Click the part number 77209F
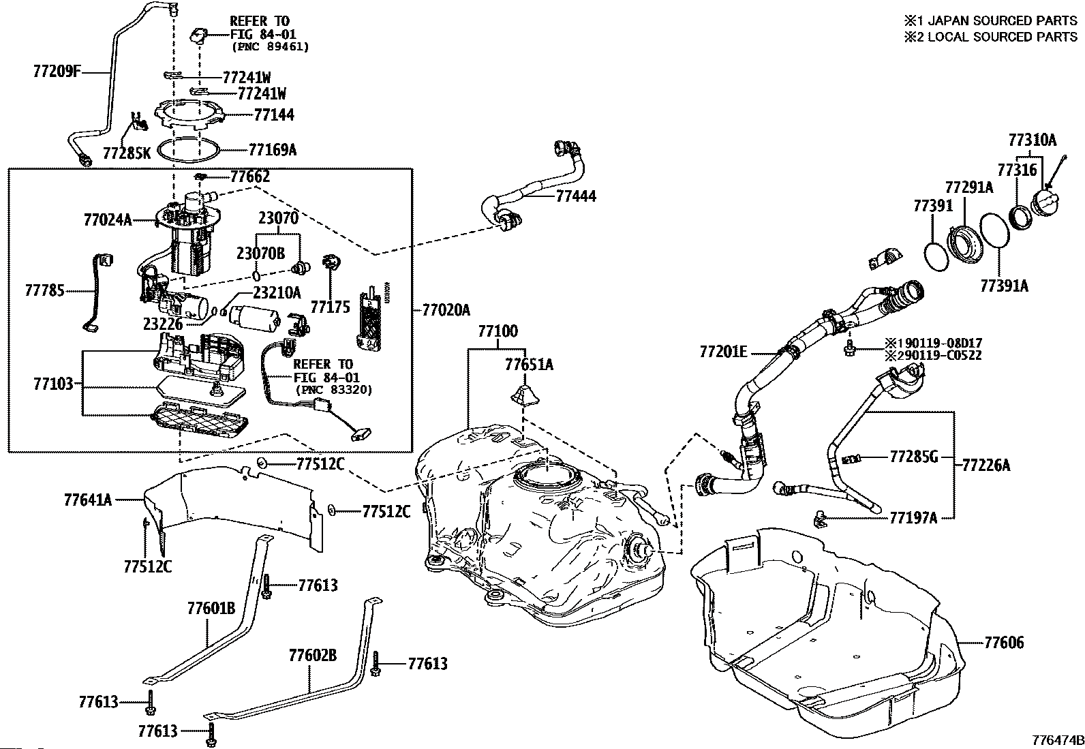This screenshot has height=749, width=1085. pyautogui.click(x=57, y=70)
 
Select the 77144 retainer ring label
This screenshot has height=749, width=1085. pyautogui.click(x=274, y=114)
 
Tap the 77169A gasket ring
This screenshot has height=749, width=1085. pyautogui.click(x=188, y=148)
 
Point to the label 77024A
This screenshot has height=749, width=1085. pyautogui.click(x=108, y=219)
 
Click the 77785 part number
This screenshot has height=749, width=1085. pyautogui.click(x=45, y=291)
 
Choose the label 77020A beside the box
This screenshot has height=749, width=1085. pyautogui.click(x=446, y=311)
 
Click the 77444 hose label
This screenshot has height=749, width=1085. pyautogui.click(x=576, y=196)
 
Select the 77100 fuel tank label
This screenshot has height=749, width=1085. pyautogui.click(x=498, y=332)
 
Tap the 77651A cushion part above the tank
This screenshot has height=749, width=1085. pyautogui.click(x=523, y=395)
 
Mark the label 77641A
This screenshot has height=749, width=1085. pyautogui.click(x=88, y=500)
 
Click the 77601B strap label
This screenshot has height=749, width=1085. pyautogui.click(x=211, y=607)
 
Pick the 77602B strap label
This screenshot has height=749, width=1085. pyautogui.click(x=313, y=656)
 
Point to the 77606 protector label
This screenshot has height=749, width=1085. pyautogui.click(x=1004, y=643)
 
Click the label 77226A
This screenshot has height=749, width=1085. pyautogui.click(x=986, y=465)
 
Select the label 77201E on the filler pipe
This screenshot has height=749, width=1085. pyautogui.click(x=723, y=352)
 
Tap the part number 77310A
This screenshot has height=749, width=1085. pyautogui.click(x=1032, y=140)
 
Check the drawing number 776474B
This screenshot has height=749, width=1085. pyautogui.click(x=1058, y=739)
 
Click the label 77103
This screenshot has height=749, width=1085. pyautogui.click(x=52, y=383)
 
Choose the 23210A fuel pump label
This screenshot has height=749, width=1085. pyautogui.click(x=277, y=292)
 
